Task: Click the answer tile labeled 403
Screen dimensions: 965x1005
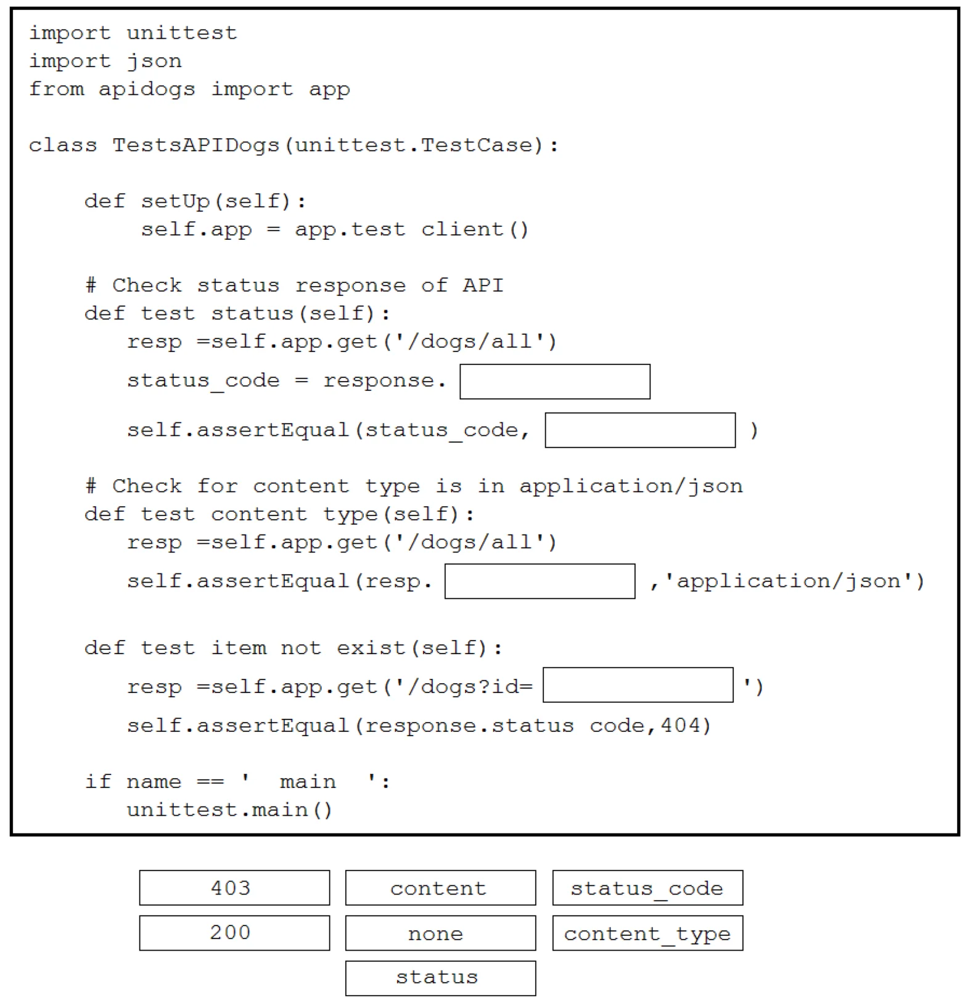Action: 234,888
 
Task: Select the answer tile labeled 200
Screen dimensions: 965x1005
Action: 234,933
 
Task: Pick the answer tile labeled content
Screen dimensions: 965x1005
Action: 440,888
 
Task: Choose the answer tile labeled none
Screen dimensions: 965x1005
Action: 440,933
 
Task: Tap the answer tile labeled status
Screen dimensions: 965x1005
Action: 440,978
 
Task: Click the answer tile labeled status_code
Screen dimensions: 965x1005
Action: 647,888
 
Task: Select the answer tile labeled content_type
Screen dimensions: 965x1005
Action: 647,933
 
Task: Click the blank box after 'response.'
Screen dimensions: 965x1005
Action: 555,382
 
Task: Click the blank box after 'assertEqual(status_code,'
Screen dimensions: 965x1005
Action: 640,430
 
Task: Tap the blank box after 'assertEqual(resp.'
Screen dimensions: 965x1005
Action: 540,581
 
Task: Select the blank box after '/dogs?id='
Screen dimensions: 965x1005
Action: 638,684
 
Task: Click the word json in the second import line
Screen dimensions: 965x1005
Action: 154,62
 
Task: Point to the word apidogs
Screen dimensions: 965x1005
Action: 147,90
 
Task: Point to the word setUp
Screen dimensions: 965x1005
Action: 175,202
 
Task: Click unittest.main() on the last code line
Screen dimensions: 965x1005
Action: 229,809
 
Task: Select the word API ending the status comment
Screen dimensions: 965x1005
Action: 483,285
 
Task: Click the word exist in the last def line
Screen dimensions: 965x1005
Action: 371,647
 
